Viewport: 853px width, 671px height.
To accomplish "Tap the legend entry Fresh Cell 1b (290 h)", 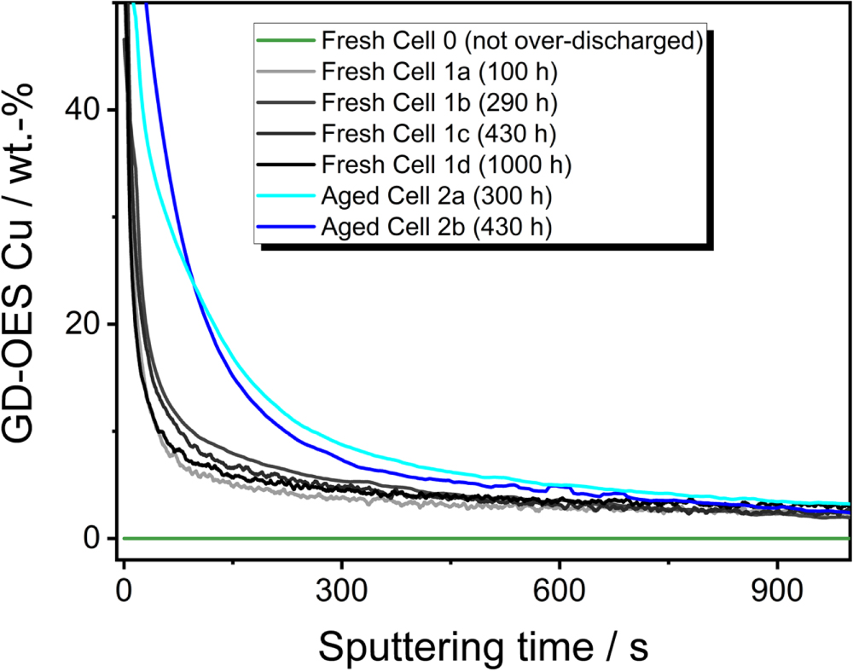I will pos(439,103).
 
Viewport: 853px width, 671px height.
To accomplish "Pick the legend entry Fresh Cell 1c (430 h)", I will pos(439,134).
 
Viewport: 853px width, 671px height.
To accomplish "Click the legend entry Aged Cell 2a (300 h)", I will pos(437,196).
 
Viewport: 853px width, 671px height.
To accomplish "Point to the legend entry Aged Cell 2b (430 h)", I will pos(437,227).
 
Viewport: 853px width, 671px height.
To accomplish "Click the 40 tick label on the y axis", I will pos(84,110).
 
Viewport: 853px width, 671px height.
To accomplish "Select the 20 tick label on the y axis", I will pos(84,324).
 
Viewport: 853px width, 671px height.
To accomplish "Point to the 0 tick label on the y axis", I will pos(94,538).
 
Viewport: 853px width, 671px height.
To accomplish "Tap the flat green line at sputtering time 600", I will pos(559,538).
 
